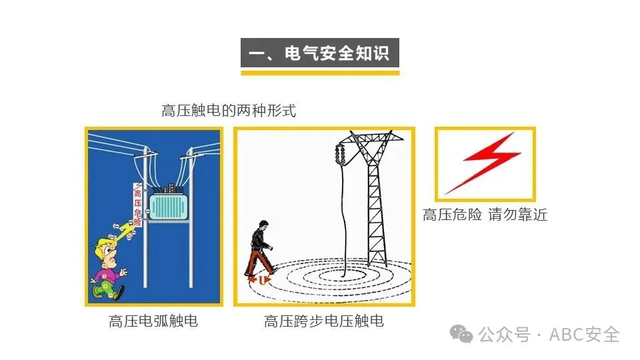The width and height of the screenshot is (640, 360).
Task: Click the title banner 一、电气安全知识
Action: point(319,53)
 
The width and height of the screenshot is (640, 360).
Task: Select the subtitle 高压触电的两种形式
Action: point(229,111)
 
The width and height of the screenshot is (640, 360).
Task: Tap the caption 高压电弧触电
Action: point(153,321)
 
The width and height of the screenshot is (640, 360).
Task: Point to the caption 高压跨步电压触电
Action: point(324,321)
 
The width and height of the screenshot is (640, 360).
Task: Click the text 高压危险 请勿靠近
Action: point(485,215)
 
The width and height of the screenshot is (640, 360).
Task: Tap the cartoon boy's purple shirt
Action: point(107,275)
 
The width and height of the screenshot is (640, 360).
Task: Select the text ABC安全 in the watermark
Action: point(584,334)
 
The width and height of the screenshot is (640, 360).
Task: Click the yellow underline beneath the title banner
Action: point(319,72)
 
